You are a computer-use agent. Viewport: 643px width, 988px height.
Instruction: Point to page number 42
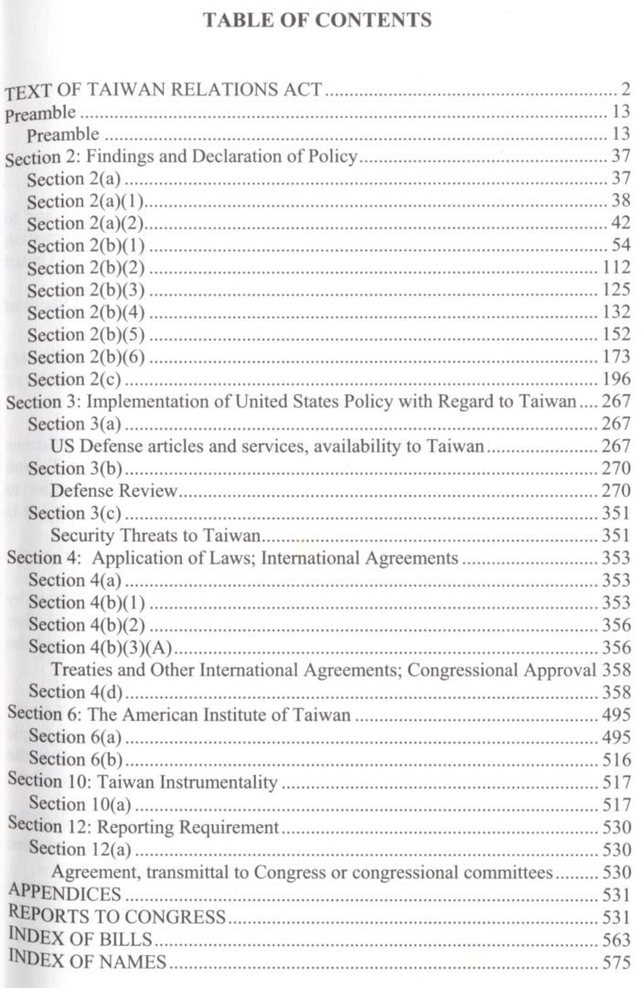618,224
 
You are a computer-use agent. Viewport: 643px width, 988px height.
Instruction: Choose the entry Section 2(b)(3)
87,291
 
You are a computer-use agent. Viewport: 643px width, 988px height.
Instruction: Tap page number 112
617,268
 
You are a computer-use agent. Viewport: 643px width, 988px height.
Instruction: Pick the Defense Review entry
113,490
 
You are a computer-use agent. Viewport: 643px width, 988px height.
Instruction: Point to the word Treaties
83,671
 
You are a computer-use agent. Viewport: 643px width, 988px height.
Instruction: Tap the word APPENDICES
63,894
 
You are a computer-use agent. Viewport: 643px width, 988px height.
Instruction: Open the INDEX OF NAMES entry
87,961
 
